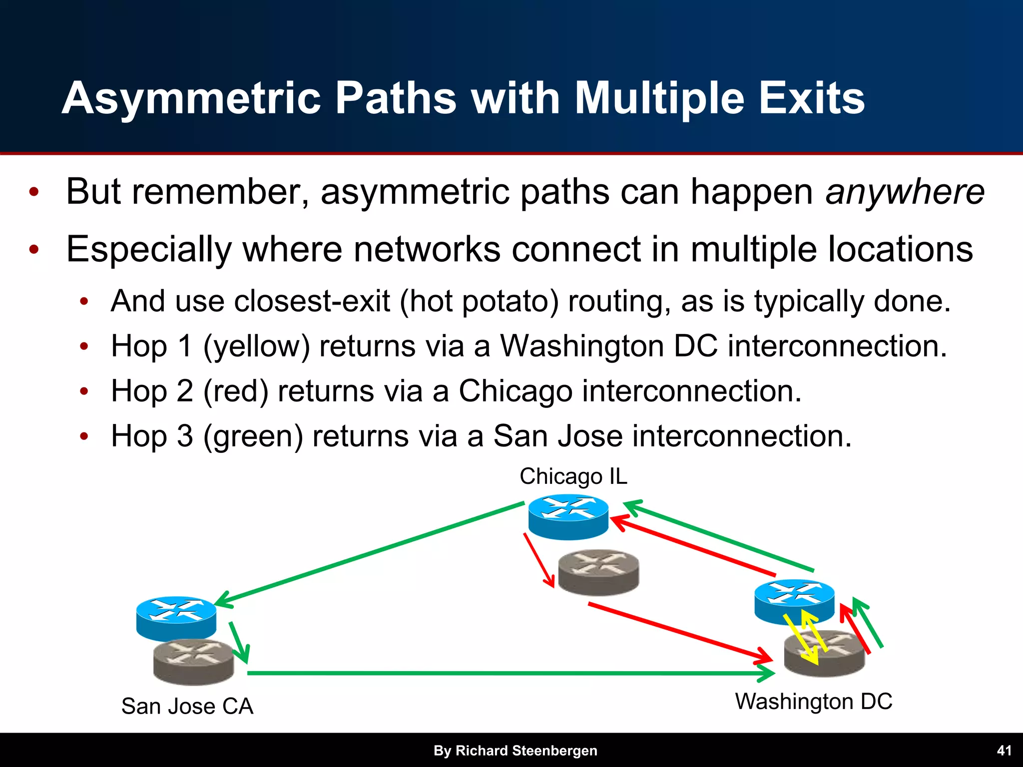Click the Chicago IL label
click(573, 476)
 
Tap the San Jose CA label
click(187, 706)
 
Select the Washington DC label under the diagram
click(813, 701)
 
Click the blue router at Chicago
click(568, 516)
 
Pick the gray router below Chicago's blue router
click(598, 572)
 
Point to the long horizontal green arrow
click(500, 673)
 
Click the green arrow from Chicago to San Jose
click(370, 554)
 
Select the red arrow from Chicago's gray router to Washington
click(679, 633)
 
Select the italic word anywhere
click(905, 192)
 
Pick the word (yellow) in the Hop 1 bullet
click(257, 346)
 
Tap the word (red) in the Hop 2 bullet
click(236, 391)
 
